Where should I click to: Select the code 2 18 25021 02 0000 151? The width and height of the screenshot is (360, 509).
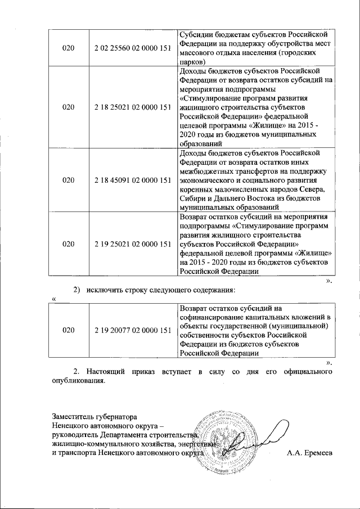tap(133, 106)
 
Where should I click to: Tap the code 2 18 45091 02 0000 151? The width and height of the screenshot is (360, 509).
tap(133, 180)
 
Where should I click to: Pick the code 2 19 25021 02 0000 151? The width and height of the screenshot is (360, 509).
tap(133, 244)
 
